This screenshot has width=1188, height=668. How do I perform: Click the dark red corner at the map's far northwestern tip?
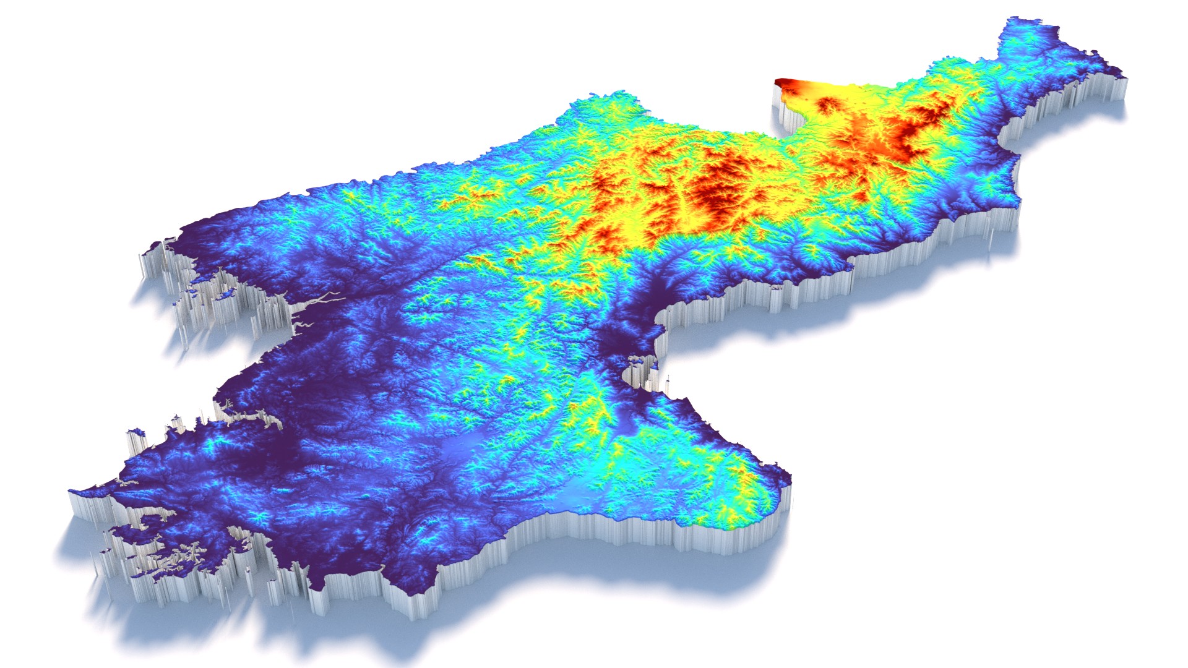[x=783, y=82]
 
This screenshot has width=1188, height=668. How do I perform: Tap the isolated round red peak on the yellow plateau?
[x=827, y=105]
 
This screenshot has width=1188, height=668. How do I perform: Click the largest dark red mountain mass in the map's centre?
[x=718, y=186]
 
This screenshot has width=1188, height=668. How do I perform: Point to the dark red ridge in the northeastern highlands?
[x=916, y=127]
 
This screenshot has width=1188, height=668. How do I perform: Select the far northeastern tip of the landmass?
[x=1123, y=77]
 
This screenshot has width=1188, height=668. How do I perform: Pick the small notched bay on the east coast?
[x=637, y=371]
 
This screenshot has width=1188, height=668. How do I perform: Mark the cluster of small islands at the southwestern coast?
[x=161, y=550]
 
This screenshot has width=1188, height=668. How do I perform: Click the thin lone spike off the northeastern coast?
[x=990, y=238]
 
